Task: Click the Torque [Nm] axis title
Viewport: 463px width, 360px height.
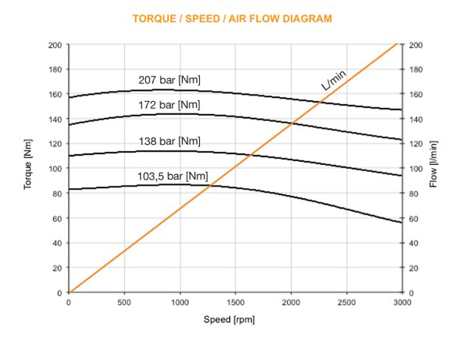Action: (29, 168)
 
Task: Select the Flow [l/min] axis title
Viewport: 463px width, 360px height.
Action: (434, 168)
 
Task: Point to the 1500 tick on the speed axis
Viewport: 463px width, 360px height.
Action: (235, 303)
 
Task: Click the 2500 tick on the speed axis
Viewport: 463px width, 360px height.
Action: (346, 303)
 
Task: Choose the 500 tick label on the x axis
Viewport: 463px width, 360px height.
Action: (124, 303)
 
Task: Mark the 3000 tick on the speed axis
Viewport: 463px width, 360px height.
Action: (401, 303)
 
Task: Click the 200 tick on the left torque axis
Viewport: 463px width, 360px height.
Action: (55, 45)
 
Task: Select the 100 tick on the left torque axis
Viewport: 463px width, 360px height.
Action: (55, 169)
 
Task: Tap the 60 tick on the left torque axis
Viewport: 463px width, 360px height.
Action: (57, 219)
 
